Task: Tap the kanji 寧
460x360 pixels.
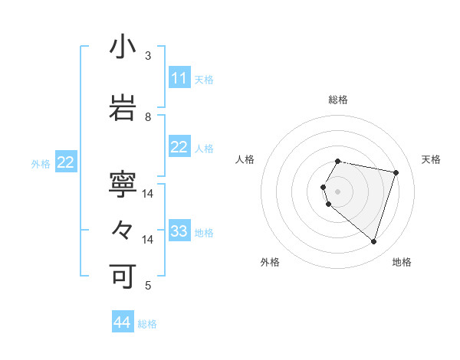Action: (x=123, y=185)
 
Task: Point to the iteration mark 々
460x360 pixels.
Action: (x=123, y=231)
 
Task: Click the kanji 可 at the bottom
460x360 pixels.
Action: (x=123, y=277)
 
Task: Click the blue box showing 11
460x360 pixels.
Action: (x=179, y=78)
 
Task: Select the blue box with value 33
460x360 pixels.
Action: (x=179, y=231)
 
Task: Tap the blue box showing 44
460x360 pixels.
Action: (x=123, y=322)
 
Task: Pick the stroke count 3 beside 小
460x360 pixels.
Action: (x=148, y=55)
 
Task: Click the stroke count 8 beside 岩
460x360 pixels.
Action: (x=148, y=116)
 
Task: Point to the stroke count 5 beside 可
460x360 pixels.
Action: (x=148, y=286)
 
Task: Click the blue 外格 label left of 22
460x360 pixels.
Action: (x=41, y=163)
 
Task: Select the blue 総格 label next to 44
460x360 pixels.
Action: (x=147, y=324)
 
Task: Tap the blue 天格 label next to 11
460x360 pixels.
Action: (x=203, y=79)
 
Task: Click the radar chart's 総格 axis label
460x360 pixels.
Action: (x=338, y=100)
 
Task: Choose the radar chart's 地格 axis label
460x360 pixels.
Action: (x=402, y=262)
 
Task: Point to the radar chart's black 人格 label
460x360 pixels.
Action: (x=245, y=159)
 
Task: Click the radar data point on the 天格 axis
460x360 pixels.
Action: (x=396, y=172)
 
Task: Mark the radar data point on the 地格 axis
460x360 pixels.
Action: (x=373, y=242)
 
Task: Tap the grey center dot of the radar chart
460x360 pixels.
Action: (x=338, y=191)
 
